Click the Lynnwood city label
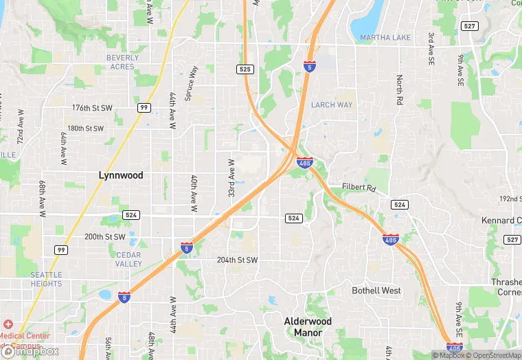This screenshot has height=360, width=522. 121,175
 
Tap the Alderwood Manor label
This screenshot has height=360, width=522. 308,326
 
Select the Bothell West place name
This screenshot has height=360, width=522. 376,291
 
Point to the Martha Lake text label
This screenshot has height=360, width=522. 385,37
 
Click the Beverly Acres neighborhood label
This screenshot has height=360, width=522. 122,62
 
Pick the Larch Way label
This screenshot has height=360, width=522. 331,105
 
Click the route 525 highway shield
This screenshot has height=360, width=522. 245,69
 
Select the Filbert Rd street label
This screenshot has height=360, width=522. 360,188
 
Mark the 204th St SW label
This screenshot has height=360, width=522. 237,260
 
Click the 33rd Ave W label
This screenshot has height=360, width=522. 231,179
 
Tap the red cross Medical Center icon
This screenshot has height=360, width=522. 8,324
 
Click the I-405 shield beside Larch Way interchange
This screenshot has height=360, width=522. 305,163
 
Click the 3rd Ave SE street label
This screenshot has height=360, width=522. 431,48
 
